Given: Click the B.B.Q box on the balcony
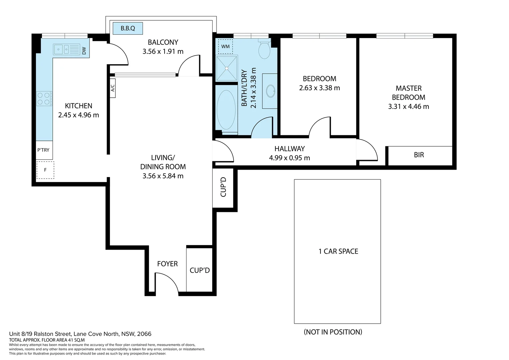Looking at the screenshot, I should (128, 28).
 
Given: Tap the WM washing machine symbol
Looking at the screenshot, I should (226, 46).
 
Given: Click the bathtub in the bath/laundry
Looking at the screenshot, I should (226, 110).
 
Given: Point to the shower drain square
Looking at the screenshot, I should (227, 68).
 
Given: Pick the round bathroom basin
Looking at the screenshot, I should (270, 91).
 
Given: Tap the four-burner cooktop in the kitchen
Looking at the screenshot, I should (44, 99).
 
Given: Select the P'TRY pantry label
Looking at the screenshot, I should (43, 150).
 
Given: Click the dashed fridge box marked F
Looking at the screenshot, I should (45, 170).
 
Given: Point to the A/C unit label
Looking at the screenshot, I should (113, 88).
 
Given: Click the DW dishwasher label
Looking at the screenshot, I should (84, 51).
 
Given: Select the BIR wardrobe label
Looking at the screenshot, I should (419, 155).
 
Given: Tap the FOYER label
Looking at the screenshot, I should (167, 264).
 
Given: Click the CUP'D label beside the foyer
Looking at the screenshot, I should (200, 270).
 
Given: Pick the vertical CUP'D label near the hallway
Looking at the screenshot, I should (224, 187).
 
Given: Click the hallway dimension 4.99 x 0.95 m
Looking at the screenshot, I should (289, 158).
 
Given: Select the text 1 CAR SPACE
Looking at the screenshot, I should (338, 251).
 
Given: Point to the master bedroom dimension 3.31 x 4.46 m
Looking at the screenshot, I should (408, 107).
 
